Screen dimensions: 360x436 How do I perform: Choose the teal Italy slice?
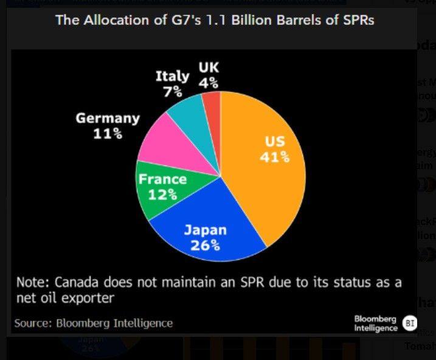click(x=188, y=109)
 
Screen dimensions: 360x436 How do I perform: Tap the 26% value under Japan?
click(x=206, y=245)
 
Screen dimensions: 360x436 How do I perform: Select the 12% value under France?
click(x=163, y=195)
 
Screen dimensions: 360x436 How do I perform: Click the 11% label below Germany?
click(x=107, y=133)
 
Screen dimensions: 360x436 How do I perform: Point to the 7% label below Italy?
click(x=173, y=91)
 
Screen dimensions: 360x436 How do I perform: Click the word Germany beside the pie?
click(x=108, y=118)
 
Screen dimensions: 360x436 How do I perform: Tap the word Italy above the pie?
click(x=173, y=76)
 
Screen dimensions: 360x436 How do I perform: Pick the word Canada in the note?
click(x=78, y=283)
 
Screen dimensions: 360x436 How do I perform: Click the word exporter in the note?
click(x=90, y=298)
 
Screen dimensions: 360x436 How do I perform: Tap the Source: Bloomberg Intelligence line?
click(x=94, y=323)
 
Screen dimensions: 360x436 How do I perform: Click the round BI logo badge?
click(x=409, y=323)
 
